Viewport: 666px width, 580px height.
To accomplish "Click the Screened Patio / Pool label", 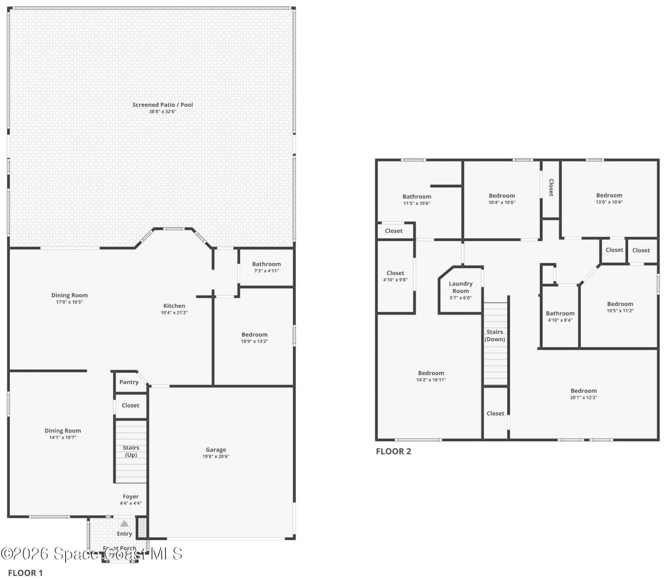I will coord(162,105).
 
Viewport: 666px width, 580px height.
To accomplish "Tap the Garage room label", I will coord(215,450).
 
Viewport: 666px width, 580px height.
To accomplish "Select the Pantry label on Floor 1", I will coord(129,382).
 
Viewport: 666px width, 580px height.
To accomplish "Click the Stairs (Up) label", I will coord(131,451).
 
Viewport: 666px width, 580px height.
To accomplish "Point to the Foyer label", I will coord(130,496).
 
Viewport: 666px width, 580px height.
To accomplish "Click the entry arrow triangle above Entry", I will coord(124,523).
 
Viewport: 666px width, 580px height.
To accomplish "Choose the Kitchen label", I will coord(174,306).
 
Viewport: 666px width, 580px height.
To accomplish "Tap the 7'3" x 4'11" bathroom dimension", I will coord(266,271).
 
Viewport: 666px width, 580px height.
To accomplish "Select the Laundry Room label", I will coord(460,287).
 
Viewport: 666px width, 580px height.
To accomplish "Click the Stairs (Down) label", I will coord(494,336).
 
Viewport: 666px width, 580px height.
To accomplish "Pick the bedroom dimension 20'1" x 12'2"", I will coord(583,398).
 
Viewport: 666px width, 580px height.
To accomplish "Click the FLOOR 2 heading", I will coord(393,451).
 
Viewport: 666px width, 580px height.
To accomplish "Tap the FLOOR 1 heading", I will coord(25,573).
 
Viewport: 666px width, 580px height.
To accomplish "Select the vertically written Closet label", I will coord(551,188).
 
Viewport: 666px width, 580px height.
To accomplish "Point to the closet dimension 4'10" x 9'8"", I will coord(395,280).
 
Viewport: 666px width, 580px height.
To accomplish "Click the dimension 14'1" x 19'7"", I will coord(62,438).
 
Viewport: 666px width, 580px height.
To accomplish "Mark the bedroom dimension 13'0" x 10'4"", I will coord(609,202).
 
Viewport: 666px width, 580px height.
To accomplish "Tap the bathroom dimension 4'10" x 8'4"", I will coord(560,320).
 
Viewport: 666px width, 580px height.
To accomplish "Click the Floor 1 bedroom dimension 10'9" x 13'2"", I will coord(254,341).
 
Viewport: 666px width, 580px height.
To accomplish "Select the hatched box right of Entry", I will coord(142,527).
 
